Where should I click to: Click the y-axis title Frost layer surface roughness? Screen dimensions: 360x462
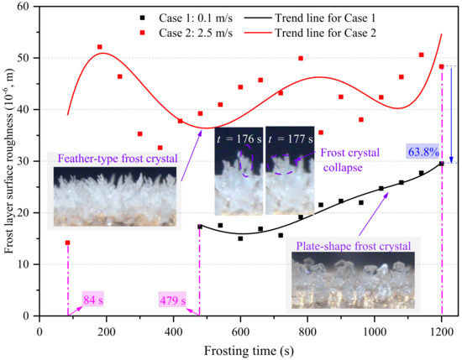click(x=10, y=159)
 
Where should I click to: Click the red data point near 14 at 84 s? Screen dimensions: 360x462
click(x=67, y=243)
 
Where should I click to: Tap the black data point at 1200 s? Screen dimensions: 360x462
click(x=441, y=164)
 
